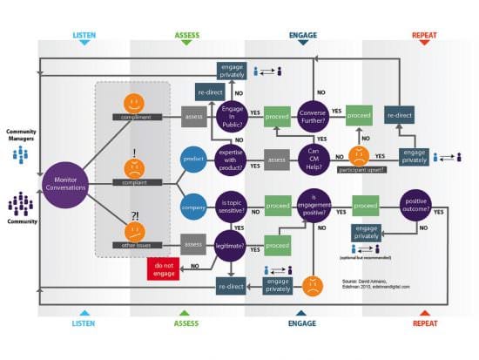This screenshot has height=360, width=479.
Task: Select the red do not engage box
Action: (165, 270)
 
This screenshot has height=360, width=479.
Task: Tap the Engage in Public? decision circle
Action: (233, 115)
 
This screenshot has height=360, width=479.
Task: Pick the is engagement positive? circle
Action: (314, 207)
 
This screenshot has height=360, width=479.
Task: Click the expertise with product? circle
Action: (233, 160)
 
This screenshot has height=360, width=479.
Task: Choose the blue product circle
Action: (193, 160)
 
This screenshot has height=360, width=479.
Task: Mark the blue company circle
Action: (193, 208)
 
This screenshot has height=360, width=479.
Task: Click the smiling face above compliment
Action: (133, 102)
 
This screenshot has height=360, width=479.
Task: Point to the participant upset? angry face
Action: (358, 156)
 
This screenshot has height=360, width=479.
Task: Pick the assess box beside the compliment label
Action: (193, 115)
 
